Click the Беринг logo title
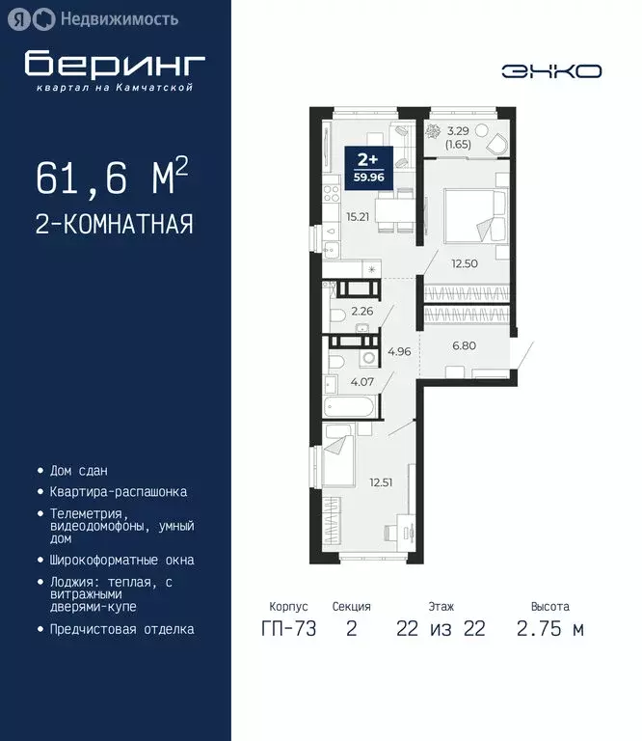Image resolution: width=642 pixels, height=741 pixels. (115, 64)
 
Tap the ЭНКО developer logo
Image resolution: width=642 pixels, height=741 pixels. (551, 70)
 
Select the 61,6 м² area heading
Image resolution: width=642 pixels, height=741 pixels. (112, 179)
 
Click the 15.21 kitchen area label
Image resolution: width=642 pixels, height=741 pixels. (354, 216)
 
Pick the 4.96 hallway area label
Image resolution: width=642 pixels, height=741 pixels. (398, 351)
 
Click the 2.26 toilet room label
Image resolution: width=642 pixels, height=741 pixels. (362, 311)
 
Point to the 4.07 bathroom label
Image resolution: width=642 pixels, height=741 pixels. (362, 382)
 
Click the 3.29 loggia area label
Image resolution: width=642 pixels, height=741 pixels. (458, 136)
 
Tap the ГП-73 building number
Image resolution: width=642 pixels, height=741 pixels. (288, 630)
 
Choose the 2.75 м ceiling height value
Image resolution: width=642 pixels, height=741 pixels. (549, 630)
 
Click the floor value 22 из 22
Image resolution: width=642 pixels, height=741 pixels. (441, 630)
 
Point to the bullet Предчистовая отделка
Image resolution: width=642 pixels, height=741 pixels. (121, 629)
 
